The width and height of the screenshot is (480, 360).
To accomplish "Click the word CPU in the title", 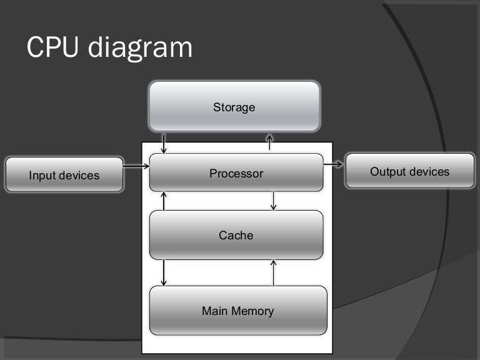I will click(x=53, y=47).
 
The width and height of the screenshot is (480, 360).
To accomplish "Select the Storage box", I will click(x=234, y=107).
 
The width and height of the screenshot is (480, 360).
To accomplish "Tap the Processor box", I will click(x=236, y=173).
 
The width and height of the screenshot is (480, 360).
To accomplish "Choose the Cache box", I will click(x=236, y=235).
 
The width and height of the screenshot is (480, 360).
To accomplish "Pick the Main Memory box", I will click(x=237, y=311).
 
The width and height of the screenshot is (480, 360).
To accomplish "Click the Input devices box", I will click(x=64, y=175).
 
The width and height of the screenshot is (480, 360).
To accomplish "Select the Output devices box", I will click(x=409, y=171).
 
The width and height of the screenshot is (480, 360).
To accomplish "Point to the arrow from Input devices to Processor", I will click(x=136, y=166).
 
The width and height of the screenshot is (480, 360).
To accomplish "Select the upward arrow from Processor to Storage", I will click(x=270, y=142).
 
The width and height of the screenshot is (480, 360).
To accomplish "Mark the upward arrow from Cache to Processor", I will click(x=164, y=201).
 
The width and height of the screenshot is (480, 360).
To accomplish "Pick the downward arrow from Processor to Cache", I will click(x=274, y=201).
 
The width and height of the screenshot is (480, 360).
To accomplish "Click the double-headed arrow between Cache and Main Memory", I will click(x=164, y=272).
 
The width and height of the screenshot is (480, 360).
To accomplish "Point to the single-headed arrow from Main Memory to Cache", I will click(x=274, y=272).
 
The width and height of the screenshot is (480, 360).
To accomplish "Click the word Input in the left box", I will click(x=41, y=176).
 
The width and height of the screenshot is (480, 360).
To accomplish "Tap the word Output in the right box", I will click(x=386, y=171).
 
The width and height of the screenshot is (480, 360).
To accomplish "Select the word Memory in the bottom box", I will click(x=253, y=311).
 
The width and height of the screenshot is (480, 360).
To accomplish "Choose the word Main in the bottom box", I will click(x=214, y=311).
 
